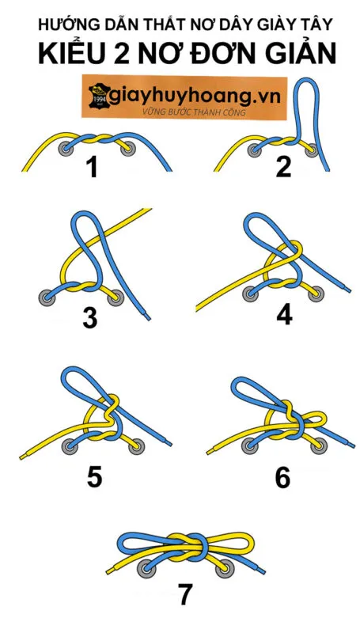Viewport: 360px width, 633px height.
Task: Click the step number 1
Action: click(x=93, y=167)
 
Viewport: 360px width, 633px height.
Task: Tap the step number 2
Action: click(x=283, y=167)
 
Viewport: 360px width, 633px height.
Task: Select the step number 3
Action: click(x=90, y=316)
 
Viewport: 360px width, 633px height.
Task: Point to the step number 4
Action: click(x=284, y=315)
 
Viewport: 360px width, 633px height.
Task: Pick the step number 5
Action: click(x=94, y=477)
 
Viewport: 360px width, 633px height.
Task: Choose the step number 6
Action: click(x=282, y=477)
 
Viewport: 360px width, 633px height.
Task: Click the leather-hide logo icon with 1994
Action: click(x=99, y=96)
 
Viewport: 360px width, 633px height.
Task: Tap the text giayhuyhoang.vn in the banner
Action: click(x=195, y=97)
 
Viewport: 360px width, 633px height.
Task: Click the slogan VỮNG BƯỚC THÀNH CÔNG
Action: click(x=194, y=112)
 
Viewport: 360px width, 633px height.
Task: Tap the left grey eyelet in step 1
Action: click(x=66, y=149)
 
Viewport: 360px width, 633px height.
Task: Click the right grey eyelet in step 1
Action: click(x=128, y=149)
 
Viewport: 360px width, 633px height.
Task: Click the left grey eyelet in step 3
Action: click(x=47, y=298)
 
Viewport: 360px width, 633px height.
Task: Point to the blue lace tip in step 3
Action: click(x=148, y=318)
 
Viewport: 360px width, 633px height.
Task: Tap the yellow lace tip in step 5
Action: click(x=23, y=457)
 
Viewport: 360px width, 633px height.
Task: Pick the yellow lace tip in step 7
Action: click(x=110, y=571)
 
